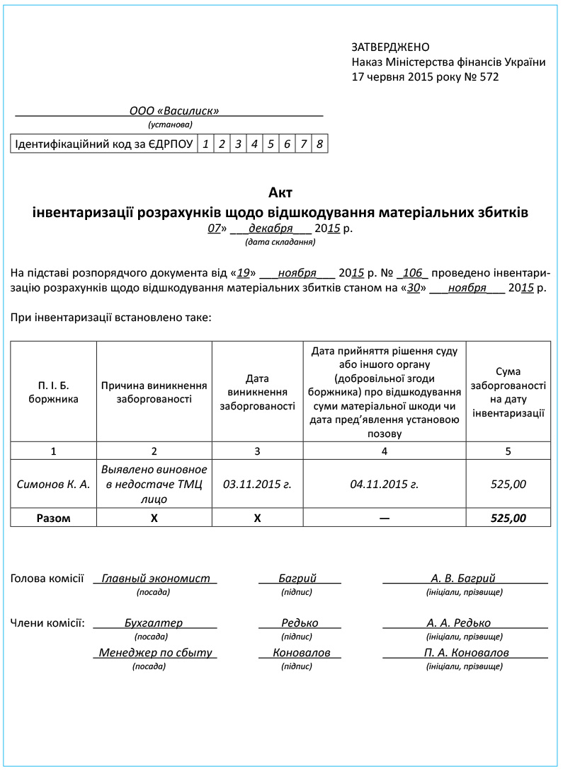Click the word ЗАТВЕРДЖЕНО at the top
click(390, 47)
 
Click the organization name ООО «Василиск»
click(174, 111)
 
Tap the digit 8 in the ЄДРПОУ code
click(319, 144)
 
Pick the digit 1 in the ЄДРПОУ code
click(205, 144)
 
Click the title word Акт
click(280, 192)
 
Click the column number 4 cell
click(385, 451)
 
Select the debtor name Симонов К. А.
click(54, 485)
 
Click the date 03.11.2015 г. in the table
click(257, 485)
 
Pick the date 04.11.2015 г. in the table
click(385, 485)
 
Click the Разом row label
click(54, 518)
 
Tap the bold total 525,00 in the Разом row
click(508, 518)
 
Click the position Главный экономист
click(156, 579)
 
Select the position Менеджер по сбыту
click(156, 653)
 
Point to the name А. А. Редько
click(459, 623)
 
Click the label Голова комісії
click(47, 579)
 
